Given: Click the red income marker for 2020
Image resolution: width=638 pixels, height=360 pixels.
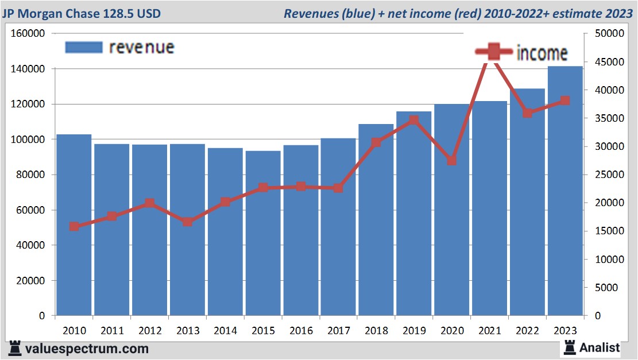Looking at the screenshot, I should pos(451,161).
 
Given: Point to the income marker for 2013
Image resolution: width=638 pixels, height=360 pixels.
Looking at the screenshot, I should pos(188,222).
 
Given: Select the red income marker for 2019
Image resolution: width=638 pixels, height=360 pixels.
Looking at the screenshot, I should pos(413,121).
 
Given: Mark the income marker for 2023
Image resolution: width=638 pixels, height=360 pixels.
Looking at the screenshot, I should pos(565,101).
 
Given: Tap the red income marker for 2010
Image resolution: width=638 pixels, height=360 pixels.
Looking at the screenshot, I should pos(74,227).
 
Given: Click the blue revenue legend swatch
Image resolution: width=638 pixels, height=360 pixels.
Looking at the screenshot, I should pos(83,47).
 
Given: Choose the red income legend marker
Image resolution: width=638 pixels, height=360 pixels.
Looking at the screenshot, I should pos(493,53).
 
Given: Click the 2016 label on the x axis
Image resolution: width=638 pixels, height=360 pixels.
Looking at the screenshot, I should pos(301,331).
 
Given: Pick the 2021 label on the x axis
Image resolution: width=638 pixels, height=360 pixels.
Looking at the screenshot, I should pos(490,331).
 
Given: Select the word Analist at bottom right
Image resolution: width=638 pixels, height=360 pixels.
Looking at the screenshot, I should pos(600,347).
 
